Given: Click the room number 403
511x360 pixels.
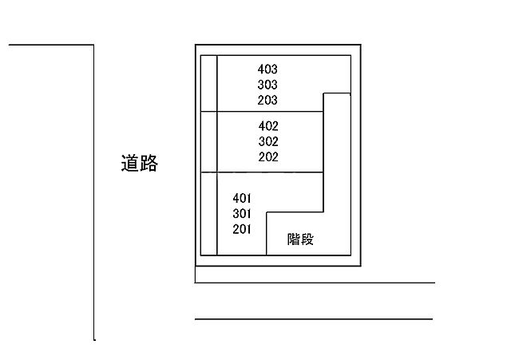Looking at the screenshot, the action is tap(267, 69).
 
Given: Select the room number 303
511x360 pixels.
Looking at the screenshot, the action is tap(267, 85).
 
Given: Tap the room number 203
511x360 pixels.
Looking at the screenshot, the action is tap(267, 100).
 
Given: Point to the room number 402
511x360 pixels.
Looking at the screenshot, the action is tap(268, 126).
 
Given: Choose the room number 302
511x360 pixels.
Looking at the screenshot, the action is tap(268, 141).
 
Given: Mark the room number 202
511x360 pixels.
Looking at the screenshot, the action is tap(268, 157).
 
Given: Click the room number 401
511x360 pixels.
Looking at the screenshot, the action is tap(242, 198).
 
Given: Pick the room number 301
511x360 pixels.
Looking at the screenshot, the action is tap(242, 214).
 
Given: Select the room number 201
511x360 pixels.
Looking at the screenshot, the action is tap(242, 229).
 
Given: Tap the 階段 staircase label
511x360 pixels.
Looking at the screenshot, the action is tap(300, 239).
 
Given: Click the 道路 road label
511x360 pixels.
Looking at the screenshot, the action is tap(140, 163).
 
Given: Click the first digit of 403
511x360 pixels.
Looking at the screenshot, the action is tap(261, 69).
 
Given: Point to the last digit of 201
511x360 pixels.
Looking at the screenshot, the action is tap(248, 229).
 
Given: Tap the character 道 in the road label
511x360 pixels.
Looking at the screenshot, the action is tap(130, 163).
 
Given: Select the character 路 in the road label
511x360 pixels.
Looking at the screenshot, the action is tap(149, 163).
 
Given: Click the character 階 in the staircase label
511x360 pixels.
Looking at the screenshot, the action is tap(294, 239).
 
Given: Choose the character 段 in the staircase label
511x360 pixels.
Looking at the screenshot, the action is tap(307, 239).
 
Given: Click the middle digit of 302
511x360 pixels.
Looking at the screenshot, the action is tap(268, 141).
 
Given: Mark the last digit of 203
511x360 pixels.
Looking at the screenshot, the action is tap(275, 100).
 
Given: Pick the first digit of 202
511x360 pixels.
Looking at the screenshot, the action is tap(262, 157).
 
